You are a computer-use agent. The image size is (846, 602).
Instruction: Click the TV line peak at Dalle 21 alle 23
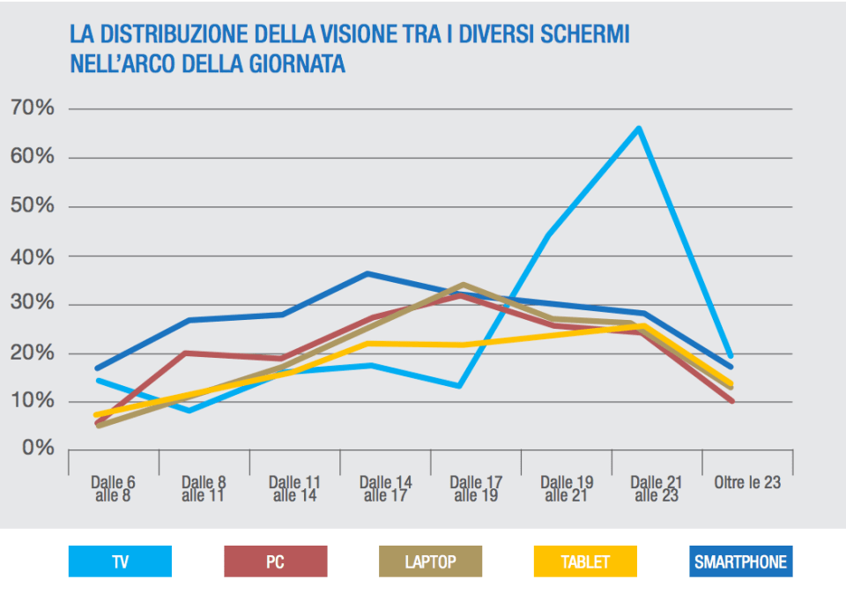[638, 129]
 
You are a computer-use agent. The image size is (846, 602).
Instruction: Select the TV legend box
[120, 561]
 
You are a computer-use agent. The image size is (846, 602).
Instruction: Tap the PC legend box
[276, 561]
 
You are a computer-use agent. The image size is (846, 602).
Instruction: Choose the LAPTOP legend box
[431, 561]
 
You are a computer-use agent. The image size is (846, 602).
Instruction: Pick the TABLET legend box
[585, 561]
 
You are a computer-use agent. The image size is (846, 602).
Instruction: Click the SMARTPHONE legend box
[740, 561]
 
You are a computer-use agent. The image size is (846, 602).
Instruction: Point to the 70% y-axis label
[33, 108]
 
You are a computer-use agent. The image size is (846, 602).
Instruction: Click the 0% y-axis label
[38, 450]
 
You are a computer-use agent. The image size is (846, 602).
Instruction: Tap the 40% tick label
[33, 256]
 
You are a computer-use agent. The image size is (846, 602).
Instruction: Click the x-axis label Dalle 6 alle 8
[113, 489]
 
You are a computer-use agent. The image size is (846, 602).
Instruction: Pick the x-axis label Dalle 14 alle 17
[386, 489]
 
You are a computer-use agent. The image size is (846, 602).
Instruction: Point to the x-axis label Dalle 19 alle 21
[567, 489]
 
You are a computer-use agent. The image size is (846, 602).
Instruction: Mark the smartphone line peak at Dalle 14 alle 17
[367, 274]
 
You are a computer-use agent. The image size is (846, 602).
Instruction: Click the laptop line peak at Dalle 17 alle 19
[463, 285]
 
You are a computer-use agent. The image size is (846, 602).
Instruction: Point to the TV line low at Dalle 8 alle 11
[189, 410]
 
